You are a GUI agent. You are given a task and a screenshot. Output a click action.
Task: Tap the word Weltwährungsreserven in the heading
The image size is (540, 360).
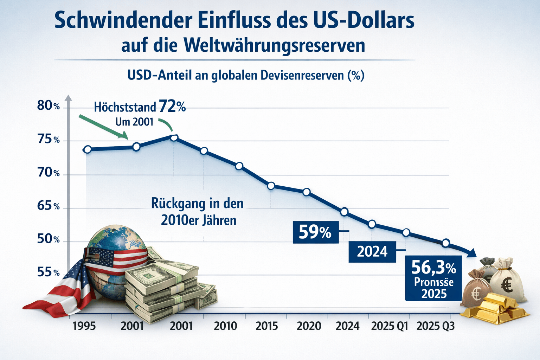[274, 46]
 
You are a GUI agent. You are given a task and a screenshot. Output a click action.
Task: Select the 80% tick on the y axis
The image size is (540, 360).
[49, 105]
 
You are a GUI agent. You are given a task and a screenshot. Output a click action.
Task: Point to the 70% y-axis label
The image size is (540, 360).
[49, 173]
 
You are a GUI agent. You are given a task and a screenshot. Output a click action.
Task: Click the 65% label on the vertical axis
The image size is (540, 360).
[49, 206]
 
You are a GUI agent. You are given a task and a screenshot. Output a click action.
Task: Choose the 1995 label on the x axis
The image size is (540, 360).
[84, 326]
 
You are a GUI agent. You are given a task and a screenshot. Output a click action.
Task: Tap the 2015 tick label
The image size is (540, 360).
[266, 326]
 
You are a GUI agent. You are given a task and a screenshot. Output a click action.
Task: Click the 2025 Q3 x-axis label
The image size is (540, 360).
[435, 326]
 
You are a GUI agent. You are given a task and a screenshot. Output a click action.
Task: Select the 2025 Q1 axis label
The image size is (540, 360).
[390, 326]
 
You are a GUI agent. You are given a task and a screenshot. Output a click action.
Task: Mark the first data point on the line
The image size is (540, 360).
[88, 149]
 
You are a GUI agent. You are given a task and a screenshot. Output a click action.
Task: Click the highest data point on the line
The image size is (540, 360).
[174, 137]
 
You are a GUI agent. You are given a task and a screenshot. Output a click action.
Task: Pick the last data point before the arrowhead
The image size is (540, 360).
[446, 243]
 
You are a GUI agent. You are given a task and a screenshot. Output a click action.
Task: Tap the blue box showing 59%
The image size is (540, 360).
[315, 232]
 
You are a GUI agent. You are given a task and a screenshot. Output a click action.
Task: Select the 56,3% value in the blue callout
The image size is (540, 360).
[433, 268]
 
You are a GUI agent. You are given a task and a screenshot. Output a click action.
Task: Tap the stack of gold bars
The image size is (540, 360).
[496, 308]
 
